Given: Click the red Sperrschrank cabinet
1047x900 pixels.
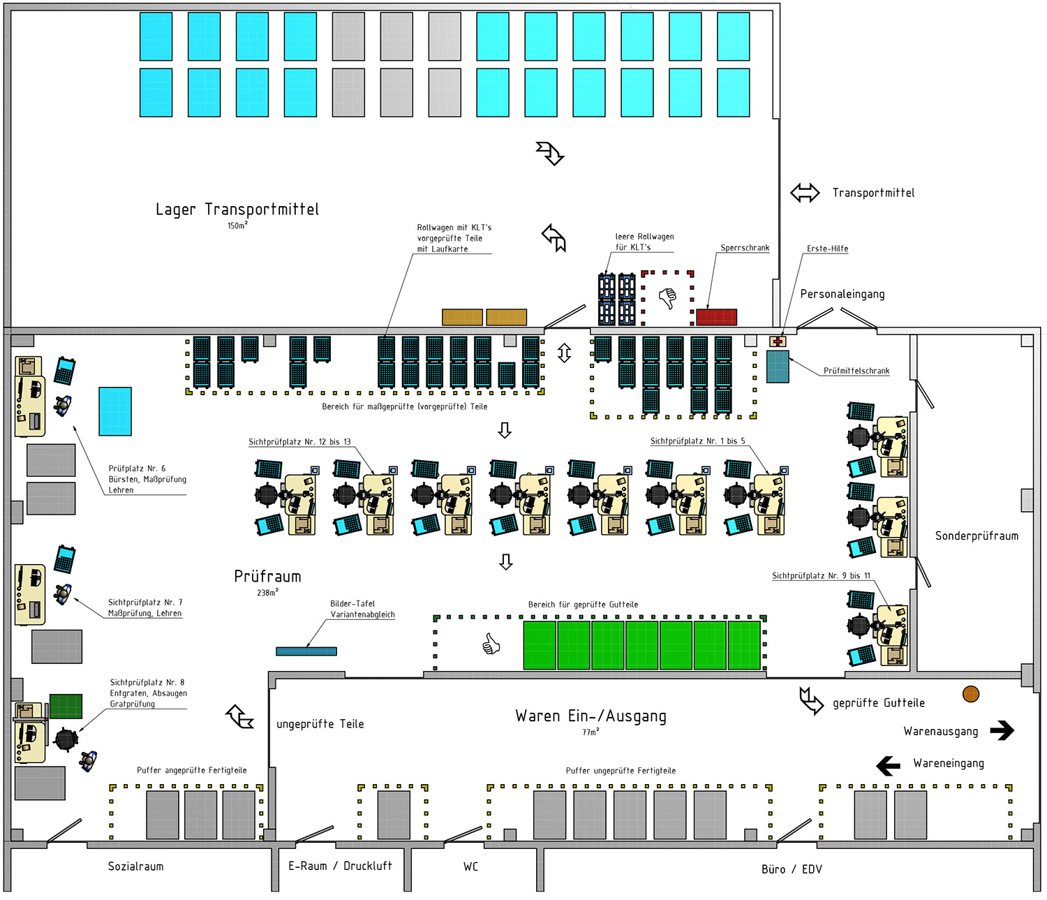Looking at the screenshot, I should (x=716, y=317).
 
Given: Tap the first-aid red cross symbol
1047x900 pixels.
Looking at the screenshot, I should (x=778, y=341).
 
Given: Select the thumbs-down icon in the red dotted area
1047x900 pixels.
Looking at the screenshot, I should (x=667, y=298).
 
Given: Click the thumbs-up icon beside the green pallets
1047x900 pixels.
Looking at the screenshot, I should (x=491, y=644).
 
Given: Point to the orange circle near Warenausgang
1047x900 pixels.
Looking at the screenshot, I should (x=971, y=693).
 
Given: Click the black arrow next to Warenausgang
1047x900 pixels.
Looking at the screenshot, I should (x=1002, y=730).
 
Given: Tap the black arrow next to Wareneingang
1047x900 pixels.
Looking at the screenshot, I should (x=889, y=766).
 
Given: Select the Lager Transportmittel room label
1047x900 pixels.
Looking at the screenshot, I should (x=237, y=209).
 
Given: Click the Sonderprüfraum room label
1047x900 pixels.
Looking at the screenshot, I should (x=977, y=536).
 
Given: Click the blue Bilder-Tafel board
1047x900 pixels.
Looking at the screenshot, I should (x=306, y=651).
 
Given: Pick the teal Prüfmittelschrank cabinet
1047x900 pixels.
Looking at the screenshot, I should (x=778, y=367).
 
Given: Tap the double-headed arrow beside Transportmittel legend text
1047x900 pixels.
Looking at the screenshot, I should (x=805, y=193).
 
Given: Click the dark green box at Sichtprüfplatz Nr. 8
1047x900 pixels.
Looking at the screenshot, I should (x=66, y=706).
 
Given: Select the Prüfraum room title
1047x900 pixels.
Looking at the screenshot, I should (x=267, y=577).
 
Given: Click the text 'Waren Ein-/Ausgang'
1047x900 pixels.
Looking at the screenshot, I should (x=591, y=716).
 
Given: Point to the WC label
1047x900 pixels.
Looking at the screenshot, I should (x=471, y=866).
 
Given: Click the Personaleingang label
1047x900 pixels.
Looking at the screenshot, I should (x=842, y=294).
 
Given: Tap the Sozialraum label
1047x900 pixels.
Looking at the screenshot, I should (x=135, y=866).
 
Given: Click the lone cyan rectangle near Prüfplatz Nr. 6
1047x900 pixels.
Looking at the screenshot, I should (x=115, y=411).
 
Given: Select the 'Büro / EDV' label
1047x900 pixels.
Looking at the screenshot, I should (x=792, y=869).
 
